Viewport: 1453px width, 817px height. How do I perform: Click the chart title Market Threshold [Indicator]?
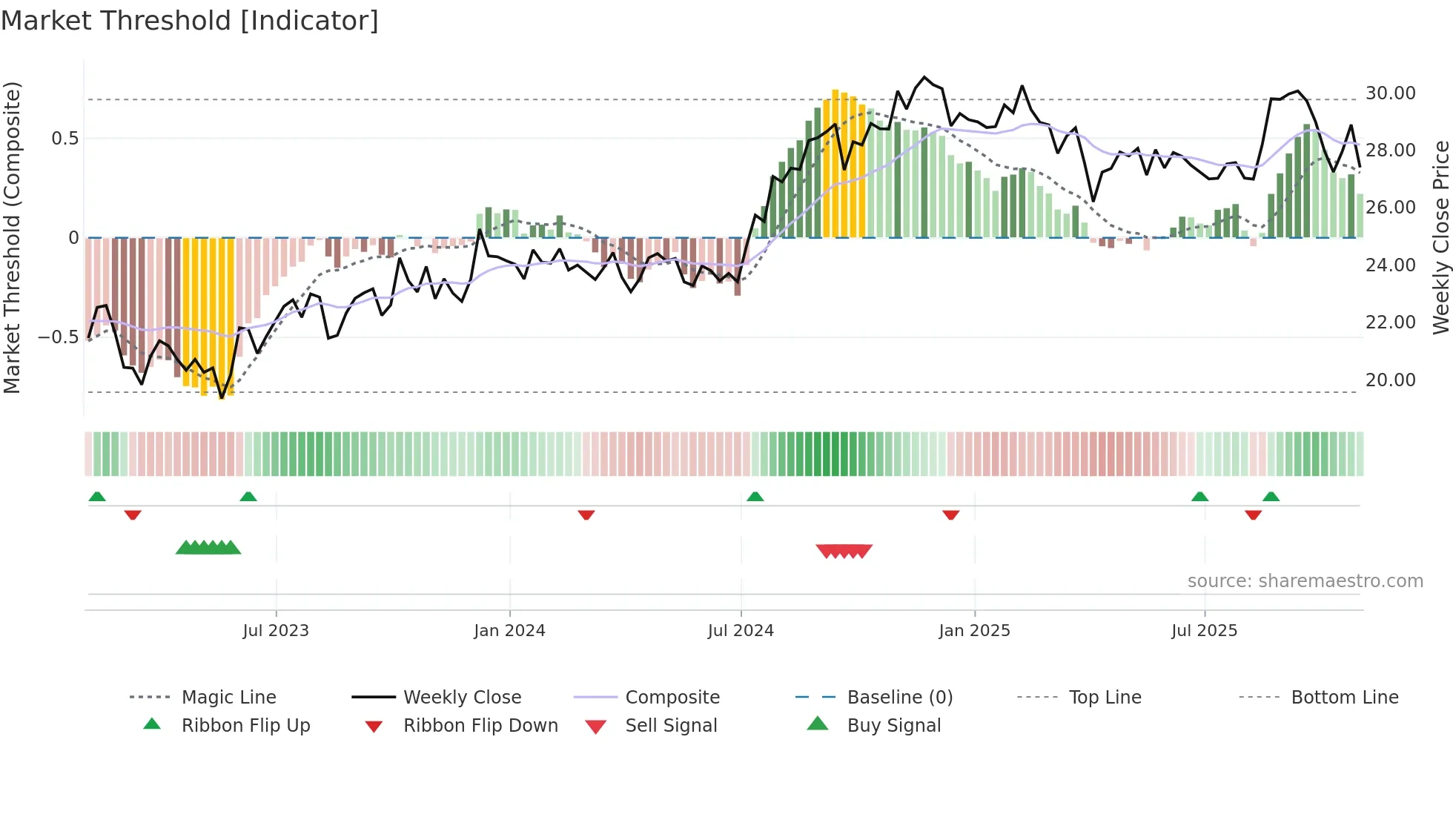pos(190,21)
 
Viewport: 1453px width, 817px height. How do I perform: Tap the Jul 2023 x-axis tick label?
pos(276,631)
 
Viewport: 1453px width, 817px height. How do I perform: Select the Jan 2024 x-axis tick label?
pos(509,631)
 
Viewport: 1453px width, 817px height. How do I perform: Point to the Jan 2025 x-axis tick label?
pos(974,631)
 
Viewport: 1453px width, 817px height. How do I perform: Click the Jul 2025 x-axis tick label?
pos(1204,631)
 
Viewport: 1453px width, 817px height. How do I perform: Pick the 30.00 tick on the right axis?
pos(1390,93)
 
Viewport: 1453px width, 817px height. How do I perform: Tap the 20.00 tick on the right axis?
pos(1390,380)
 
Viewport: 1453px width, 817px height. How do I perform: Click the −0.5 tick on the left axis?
pos(58,337)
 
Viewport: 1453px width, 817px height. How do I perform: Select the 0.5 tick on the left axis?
pos(64,139)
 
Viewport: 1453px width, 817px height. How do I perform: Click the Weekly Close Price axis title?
pos(1440,237)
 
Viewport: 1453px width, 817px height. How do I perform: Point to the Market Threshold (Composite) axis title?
pos(12,237)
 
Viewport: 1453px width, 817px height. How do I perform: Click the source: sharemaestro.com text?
pos(1305,581)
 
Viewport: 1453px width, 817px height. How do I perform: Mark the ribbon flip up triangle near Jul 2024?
pos(755,497)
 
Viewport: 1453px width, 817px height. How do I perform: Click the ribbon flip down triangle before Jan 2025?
pos(950,515)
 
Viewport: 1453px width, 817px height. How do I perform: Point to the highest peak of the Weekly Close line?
pos(924,77)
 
